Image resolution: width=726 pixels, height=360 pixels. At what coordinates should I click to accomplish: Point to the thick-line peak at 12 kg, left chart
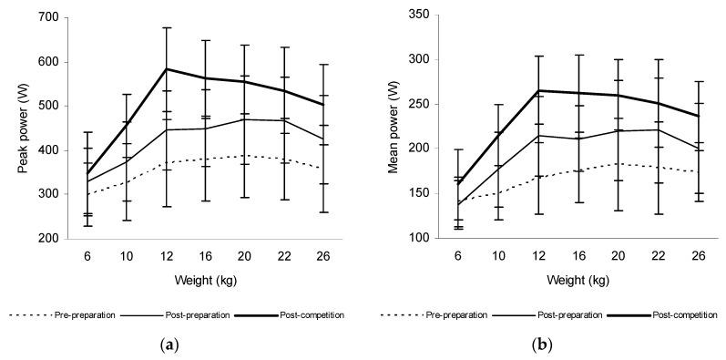pyautogui.click(x=166, y=68)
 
